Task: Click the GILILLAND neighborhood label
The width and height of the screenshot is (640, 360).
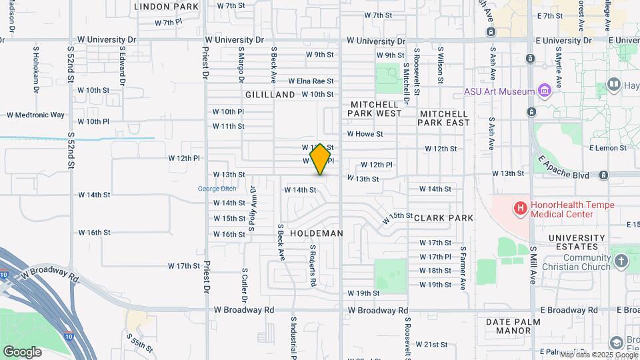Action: pyautogui.click(x=269, y=95)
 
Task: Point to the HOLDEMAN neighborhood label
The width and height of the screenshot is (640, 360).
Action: pyautogui.click(x=317, y=233)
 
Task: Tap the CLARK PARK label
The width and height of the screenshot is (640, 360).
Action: pyautogui.click(x=443, y=218)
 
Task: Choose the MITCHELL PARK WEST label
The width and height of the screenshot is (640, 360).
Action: pyautogui.click(x=375, y=109)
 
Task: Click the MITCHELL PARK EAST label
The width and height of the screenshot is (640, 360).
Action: pyautogui.click(x=445, y=118)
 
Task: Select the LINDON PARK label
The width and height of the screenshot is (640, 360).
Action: pyautogui.click(x=166, y=7)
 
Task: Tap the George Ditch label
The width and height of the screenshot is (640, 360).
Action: pyautogui.click(x=217, y=189)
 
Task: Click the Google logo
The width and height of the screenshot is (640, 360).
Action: pyautogui.click(x=22, y=351)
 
